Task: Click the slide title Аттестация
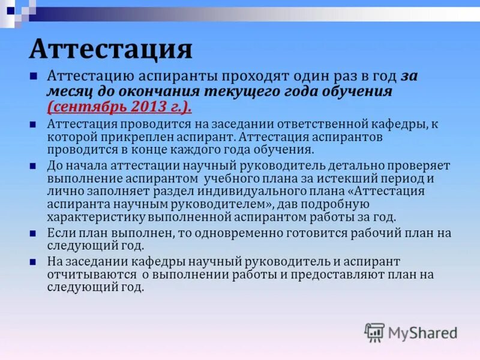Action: (x=111, y=50)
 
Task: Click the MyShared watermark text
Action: (x=422, y=332)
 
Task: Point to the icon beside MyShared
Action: (x=374, y=332)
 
